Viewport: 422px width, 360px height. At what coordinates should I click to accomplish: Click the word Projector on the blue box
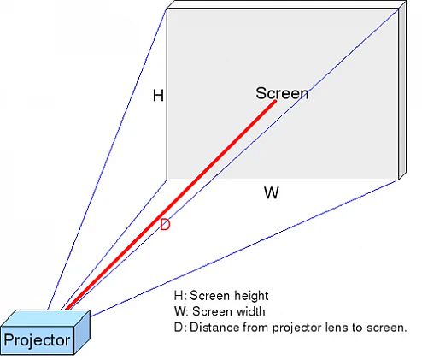pyautogui.click(x=37, y=340)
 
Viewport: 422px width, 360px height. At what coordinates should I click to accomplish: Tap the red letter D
pyautogui.click(x=165, y=225)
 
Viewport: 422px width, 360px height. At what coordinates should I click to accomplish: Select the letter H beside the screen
pyautogui.click(x=158, y=95)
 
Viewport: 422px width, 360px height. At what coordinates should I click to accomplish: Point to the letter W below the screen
pyautogui.click(x=272, y=192)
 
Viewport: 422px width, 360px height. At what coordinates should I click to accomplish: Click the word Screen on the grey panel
pyautogui.click(x=282, y=93)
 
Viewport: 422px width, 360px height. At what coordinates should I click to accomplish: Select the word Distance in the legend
pyautogui.click(x=214, y=328)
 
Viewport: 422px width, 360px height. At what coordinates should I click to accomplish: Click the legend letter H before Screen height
pyautogui.click(x=179, y=296)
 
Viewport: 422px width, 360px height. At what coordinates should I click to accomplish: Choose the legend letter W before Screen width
pyautogui.click(x=180, y=311)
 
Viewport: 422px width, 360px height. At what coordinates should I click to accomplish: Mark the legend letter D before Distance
pyautogui.click(x=179, y=328)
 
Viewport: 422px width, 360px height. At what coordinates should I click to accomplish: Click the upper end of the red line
pyautogui.click(x=275, y=101)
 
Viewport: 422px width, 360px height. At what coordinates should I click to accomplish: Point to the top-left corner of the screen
pyautogui.click(x=167, y=9)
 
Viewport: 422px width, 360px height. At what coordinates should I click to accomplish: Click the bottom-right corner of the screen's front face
pyautogui.click(x=399, y=180)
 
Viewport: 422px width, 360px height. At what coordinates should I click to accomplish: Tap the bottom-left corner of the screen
pyautogui.click(x=167, y=180)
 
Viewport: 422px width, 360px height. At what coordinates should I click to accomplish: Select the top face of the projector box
pyautogui.click(x=45, y=318)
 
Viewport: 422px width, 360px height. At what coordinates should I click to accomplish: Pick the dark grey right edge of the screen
pyautogui.click(x=402, y=91)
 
